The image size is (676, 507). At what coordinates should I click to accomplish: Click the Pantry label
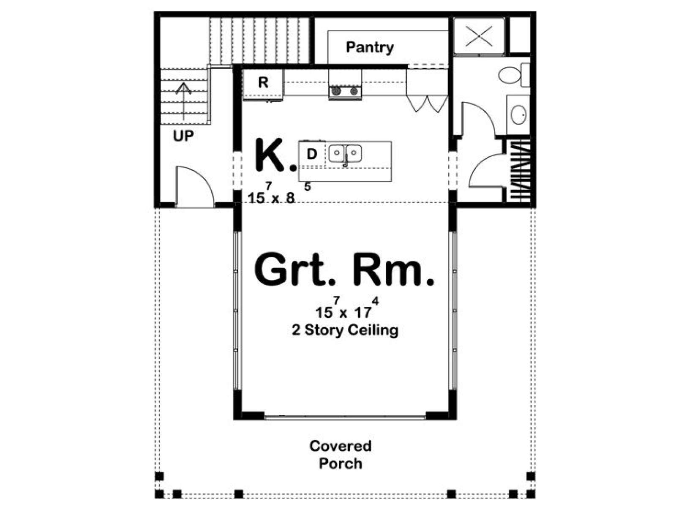coord(370,48)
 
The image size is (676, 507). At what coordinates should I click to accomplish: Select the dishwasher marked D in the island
coord(312,154)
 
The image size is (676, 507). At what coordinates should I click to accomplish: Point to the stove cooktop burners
coord(345,91)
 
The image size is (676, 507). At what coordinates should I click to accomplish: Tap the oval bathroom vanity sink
coord(519,114)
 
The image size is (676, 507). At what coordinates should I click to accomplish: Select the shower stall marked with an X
coord(479,36)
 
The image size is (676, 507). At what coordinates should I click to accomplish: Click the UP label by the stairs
coord(183,136)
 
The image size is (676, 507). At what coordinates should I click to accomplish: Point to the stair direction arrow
coord(183,101)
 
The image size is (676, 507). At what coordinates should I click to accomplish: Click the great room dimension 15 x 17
coord(347,308)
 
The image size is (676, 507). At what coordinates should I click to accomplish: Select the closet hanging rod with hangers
coord(520,171)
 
